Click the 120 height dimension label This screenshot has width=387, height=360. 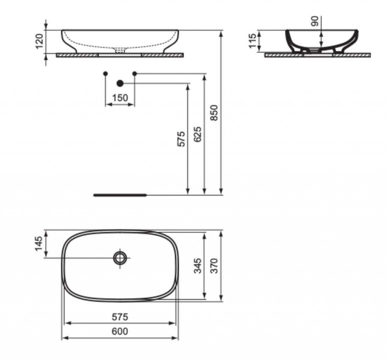(x=40, y=42)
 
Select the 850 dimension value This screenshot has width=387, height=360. (x=214, y=113)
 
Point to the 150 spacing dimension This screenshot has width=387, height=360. (x=120, y=98)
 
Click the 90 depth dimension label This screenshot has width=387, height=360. (x=315, y=21)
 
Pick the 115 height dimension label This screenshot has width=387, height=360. (x=253, y=41)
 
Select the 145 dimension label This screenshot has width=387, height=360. (x=39, y=244)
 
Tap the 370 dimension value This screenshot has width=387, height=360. (x=214, y=266)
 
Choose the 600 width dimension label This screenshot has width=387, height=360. (x=120, y=331)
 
